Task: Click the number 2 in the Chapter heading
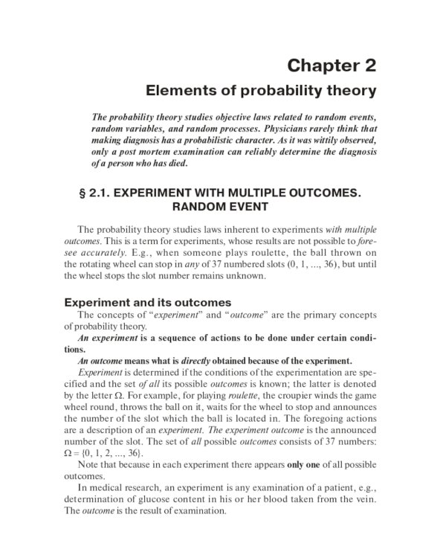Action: pos(369,65)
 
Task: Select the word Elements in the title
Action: pos(177,92)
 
